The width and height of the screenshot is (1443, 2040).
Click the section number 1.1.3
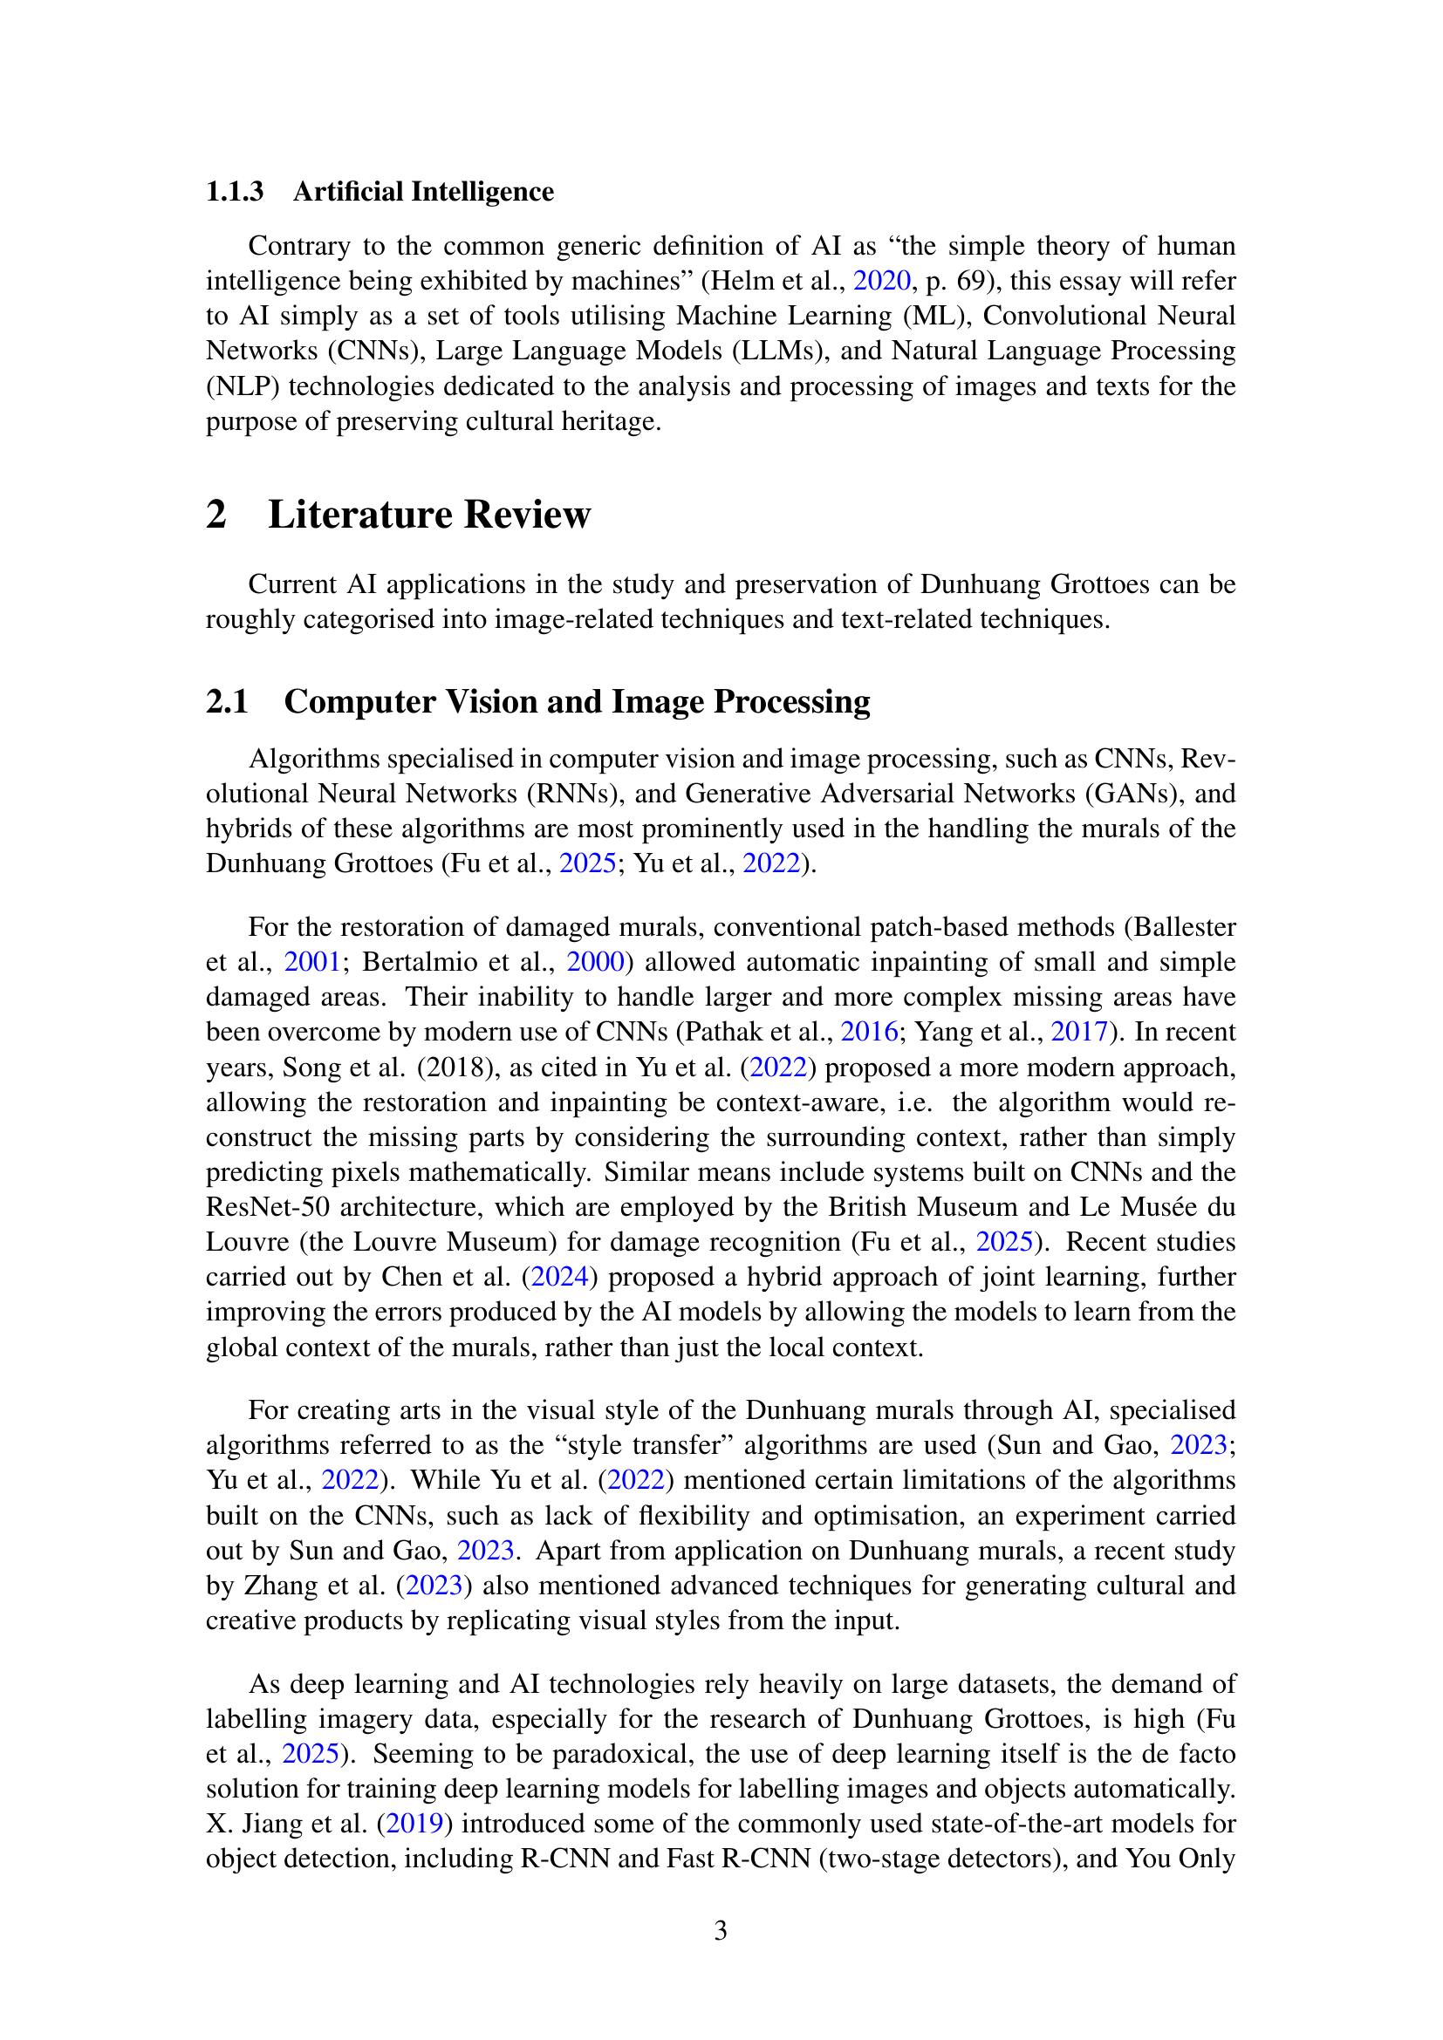235,192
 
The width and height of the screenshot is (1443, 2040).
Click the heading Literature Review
428,515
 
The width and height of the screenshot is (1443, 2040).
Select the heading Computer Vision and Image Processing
577,702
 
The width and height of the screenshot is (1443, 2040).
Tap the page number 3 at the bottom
721,1931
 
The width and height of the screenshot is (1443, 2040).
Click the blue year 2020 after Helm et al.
881,281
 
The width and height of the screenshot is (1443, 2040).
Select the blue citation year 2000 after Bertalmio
594,962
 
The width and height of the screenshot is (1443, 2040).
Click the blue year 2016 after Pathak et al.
869,1033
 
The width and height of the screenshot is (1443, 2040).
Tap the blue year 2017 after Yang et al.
1079,1033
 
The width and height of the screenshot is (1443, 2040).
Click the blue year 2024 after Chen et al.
559,1278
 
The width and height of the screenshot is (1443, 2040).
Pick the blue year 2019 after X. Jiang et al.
414,1824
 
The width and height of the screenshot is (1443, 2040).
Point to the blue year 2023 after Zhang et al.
434,1586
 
